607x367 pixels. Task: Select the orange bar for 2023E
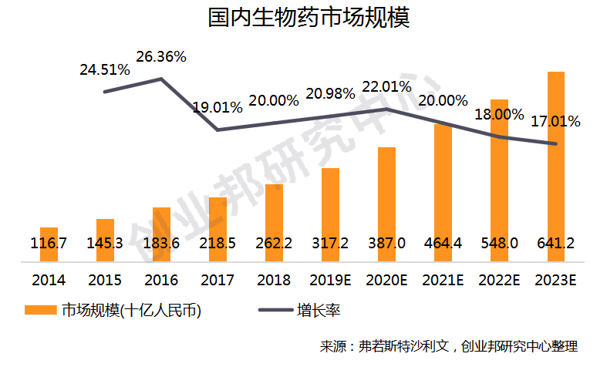pos(556,154)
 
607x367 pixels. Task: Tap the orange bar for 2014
pos(49,239)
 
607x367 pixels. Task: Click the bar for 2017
pos(218,224)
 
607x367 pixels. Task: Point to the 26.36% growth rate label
pos(161,57)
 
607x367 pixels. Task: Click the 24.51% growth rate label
pos(105,69)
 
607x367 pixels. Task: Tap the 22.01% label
pos(385,85)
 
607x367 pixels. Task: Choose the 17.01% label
pos(555,121)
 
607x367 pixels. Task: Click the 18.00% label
pos(498,113)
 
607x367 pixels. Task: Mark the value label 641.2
pos(556,243)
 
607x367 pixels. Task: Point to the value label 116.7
pos(49,243)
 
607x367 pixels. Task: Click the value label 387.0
pos(386,243)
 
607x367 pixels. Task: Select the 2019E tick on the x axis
pos(330,279)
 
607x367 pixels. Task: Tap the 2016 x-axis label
pos(161,279)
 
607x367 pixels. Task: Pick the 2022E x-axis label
pos(499,279)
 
